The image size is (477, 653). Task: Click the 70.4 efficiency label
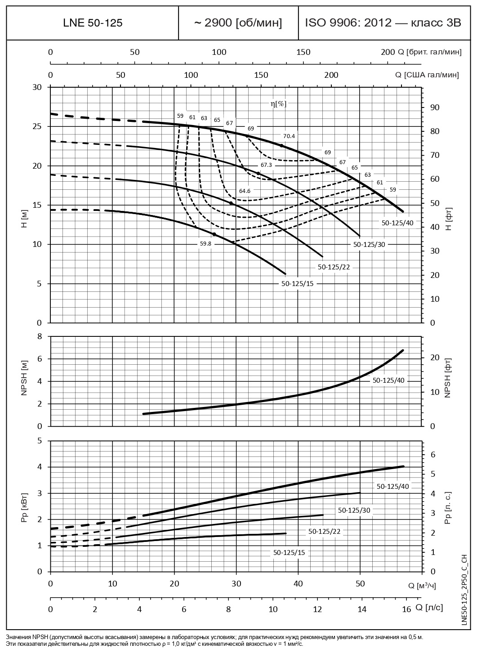point(289,136)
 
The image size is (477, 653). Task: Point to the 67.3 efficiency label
point(266,165)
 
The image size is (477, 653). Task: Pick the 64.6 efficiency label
point(245,191)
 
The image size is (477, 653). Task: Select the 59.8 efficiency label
point(205,244)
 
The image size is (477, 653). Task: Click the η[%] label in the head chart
point(278,103)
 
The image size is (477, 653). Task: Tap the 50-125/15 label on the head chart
point(297,284)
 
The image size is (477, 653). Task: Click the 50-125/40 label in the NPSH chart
point(388,380)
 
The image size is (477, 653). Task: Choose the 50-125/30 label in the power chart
point(354,510)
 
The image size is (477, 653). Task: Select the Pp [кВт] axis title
point(25,506)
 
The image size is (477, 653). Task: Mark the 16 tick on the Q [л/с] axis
point(406,610)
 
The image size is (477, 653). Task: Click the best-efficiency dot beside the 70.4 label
point(282,146)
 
